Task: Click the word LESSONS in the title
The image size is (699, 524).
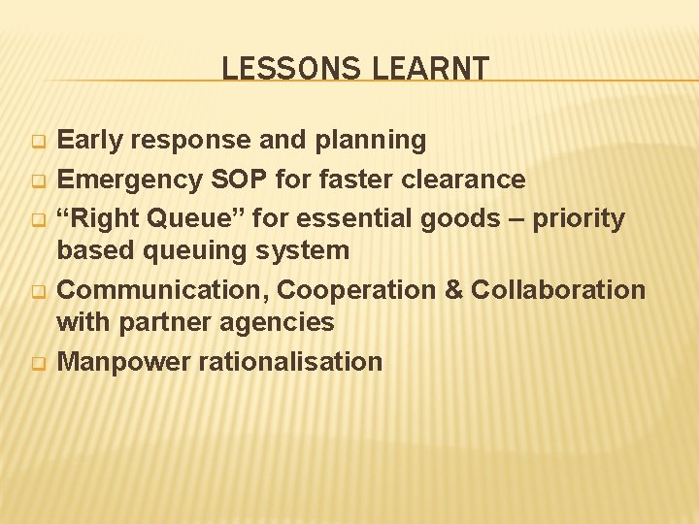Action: point(277,69)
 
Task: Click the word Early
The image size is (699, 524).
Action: point(92,141)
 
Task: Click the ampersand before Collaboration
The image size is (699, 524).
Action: point(452,289)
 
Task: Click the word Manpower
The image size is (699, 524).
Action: point(123,362)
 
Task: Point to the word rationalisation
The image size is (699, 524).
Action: point(290,362)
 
